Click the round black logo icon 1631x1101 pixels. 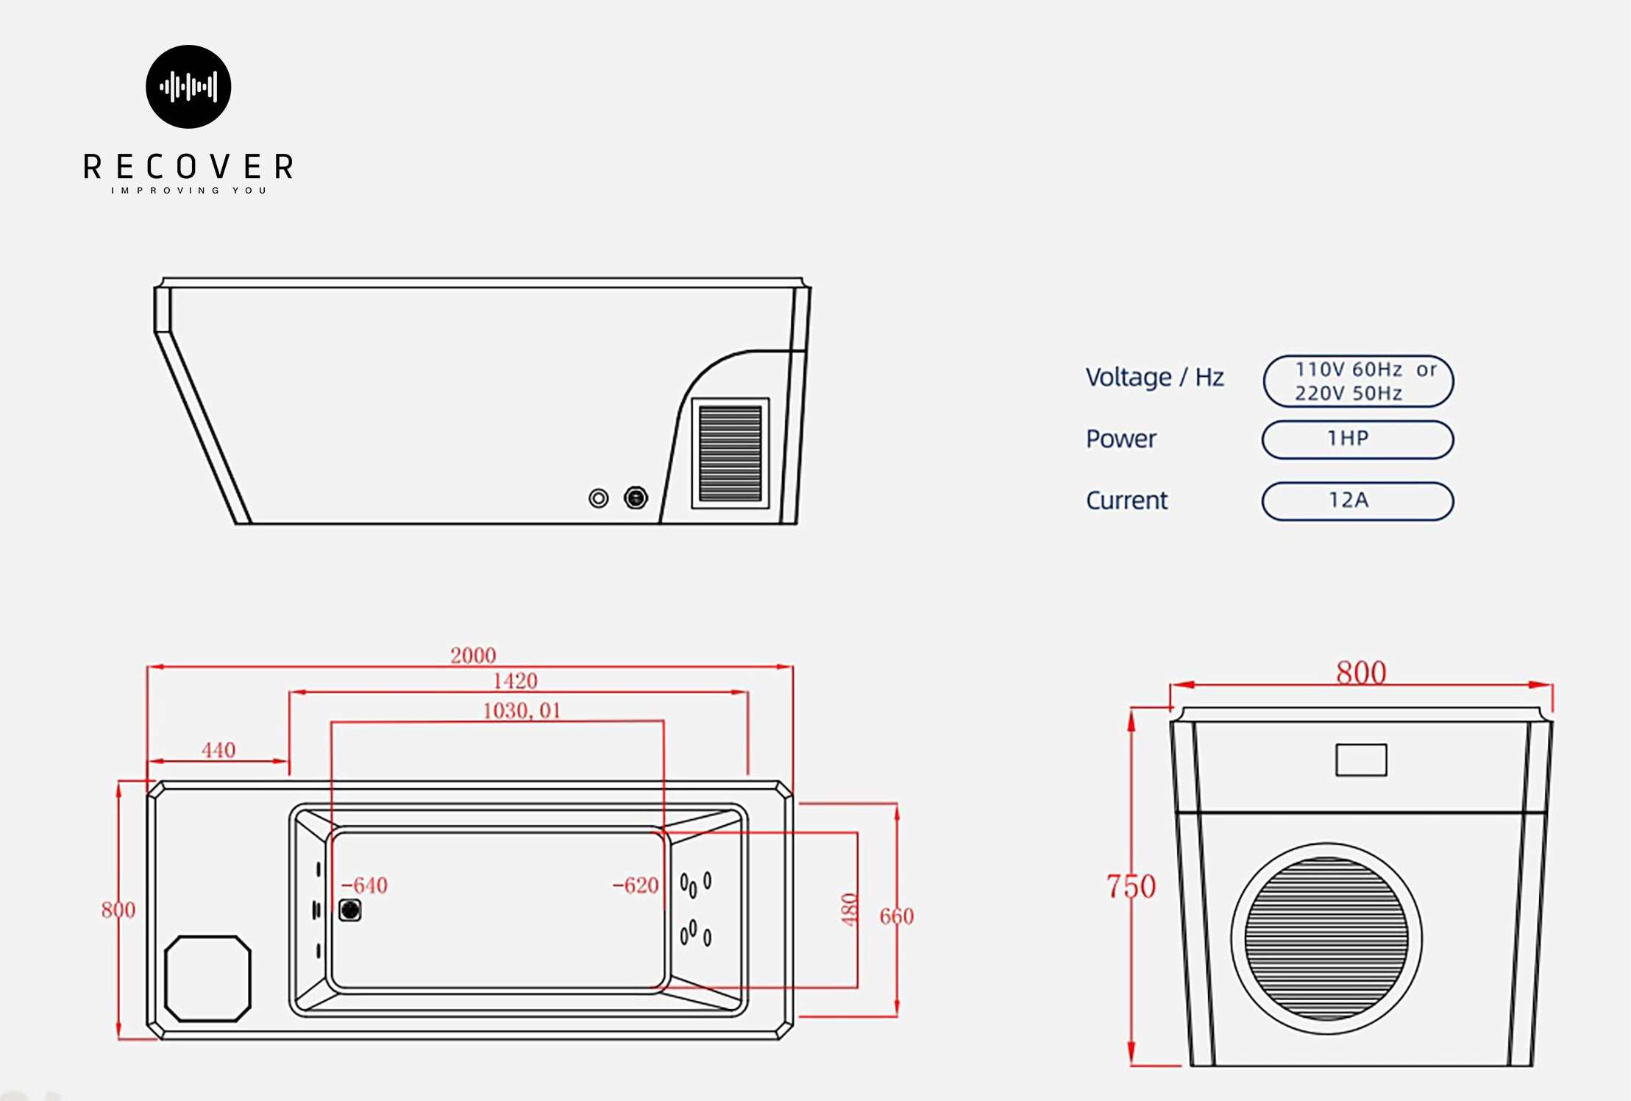point(188,87)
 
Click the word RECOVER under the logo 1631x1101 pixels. point(188,167)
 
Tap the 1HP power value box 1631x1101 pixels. point(1357,439)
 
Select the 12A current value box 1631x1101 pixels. point(1357,501)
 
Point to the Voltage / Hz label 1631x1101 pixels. point(1154,378)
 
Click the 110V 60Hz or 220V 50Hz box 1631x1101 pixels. point(1358,381)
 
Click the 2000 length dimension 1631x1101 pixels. point(473,655)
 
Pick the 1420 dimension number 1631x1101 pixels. point(515,681)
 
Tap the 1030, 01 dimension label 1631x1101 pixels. point(522,710)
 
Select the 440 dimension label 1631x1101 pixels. point(218,750)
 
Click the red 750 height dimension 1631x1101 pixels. point(1131,887)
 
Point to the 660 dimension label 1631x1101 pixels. point(897,916)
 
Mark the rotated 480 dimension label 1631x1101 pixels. point(850,910)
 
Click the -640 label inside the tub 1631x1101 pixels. point(365,885)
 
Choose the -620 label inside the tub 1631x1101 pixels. point(636,885)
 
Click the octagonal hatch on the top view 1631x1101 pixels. point(207,978)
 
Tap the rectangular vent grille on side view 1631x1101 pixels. point(730,453)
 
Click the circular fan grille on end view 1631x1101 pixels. point(1326,938)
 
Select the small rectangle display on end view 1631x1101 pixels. point(1361,760)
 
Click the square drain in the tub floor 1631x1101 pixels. point(350,910)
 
